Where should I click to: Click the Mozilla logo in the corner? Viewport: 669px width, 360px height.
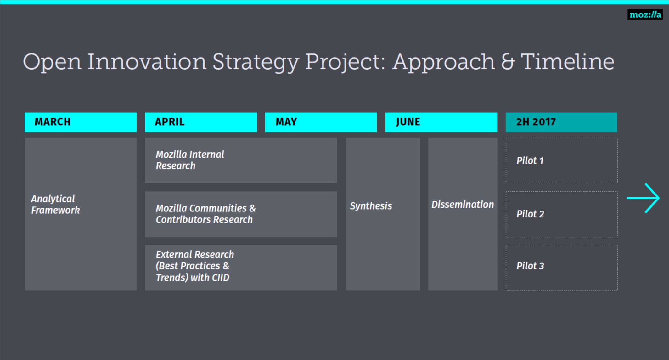[x=645, y=14]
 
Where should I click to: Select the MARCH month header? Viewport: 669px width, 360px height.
[x=81, y=122]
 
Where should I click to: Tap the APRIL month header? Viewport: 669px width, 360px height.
[x=201, y=122]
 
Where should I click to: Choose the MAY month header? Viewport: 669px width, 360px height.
[x=321, y=122]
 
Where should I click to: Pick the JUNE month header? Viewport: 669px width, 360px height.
[x=441, y=122]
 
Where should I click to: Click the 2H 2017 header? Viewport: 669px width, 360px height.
[x=561, y=122]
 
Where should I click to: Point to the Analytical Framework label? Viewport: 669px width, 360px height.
[x=55, y=205]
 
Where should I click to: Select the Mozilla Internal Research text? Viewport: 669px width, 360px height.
[x=190, y=160]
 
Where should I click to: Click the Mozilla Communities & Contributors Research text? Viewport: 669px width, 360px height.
[x=206, y=214]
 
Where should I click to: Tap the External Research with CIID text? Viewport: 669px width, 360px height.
[x=195, y=266]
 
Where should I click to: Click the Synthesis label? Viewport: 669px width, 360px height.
[x=371, y=206]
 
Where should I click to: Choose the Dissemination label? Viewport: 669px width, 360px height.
[x=463, y=205]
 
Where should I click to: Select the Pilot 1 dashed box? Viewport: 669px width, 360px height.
[x=561, y=160]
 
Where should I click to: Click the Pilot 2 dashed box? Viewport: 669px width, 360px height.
[x=561, y=214]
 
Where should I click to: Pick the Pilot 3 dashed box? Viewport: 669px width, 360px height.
[x=561, y=267]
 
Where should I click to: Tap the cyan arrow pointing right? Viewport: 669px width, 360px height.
[x=643, y=198]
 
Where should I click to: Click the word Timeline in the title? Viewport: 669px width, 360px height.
[x=567, y=62]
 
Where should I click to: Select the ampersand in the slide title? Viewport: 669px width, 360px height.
[x=508, y=62]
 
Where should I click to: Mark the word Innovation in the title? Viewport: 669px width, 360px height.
[x=147, y=62]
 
